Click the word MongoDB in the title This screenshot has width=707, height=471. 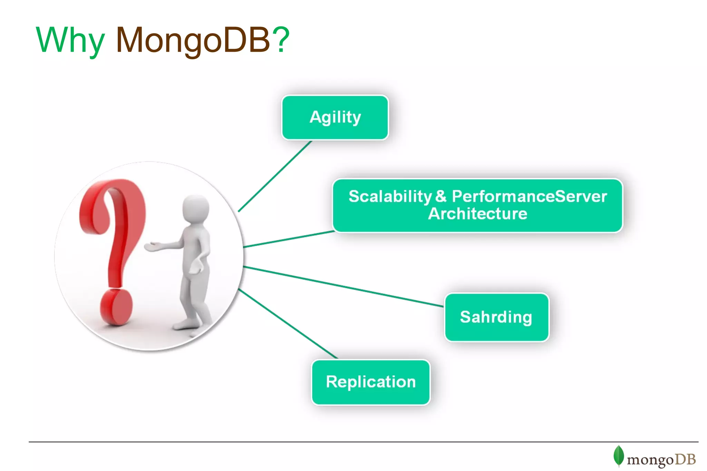pyautogui.click(x=193, y=41)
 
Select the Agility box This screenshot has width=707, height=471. pyautogui.click(x=335, y=117)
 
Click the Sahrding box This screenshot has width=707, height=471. pyautogui.click(x=496, y=317)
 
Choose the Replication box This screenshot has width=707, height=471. pyautogui.click(x=370, y=382)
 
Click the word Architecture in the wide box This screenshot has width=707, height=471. pyautogui.click(x=477, y=214)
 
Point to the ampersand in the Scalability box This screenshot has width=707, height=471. pyautogui.click(x=441, y=196)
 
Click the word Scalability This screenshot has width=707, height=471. pyautogui.click(x=390, y=196)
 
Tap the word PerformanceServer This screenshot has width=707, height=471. pyautogui.click(x=529, y=196)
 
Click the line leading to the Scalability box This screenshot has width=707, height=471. pyautogui.click(x=288, y=239)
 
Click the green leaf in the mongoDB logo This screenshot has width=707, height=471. pyautogui.click(x=618, y=455)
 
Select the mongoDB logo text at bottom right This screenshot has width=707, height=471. pyautogui.click(x=661, y=460)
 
